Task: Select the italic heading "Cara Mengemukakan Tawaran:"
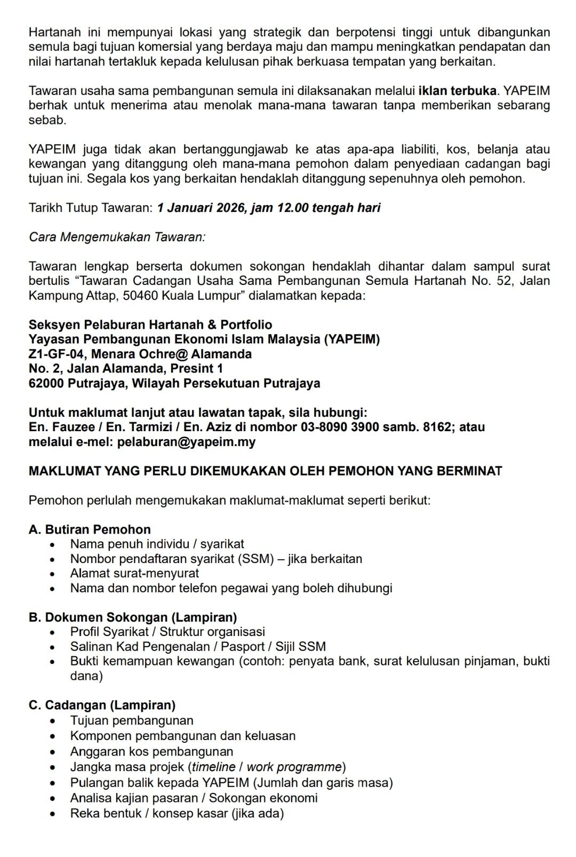click(x=117, y=237)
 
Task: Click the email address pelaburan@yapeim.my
click(x=186, y=442)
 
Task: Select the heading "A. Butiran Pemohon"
click(x=90, y=529)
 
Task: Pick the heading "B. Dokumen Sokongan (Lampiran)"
click(x=133, y=617)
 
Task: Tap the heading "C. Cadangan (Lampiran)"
click(x=102, y=705)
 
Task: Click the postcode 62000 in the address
click(x=46, y=383)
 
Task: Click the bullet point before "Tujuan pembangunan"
click(x=52, y=721)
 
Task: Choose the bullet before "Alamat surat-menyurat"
click(x=52, y=574)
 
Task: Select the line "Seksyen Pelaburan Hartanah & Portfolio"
click(x=150, y=324)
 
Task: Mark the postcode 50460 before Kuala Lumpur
click(x=140, y=296)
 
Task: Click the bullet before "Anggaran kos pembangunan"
click(x=52, y=752)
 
